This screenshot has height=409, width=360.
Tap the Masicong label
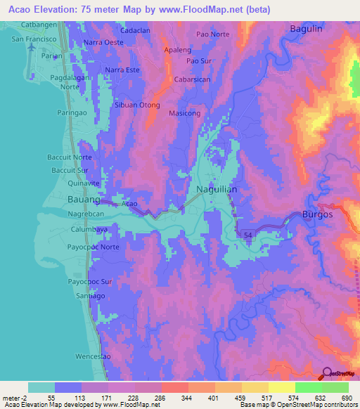[x=185, y=113]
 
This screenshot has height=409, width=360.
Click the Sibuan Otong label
[x=136, y=105]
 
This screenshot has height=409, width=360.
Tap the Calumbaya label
[x=89, y=229]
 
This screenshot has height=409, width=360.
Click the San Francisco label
[x=33, y=39]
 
